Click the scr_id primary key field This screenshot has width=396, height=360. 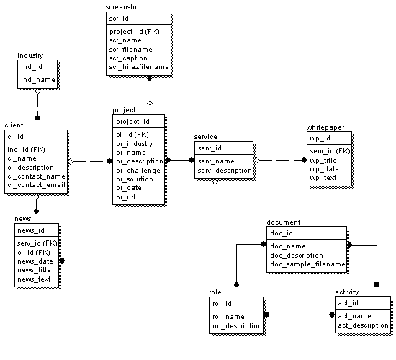(x=119, y=18)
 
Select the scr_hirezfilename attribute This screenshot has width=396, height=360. (x=139, y=67)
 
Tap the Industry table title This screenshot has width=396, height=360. (x=30, y=55)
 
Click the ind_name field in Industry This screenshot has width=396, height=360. (x=37, y=79)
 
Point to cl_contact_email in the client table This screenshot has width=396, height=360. (x=36, y=184)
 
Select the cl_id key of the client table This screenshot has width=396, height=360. (x=16, y=136)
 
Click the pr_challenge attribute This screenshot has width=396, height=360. (x=138, y=170)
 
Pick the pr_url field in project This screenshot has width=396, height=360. (x=125, y=197)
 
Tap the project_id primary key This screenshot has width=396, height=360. (x=133, y=121)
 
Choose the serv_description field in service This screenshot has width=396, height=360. (x=225, y=171)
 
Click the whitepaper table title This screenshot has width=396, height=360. (x=325, y=127)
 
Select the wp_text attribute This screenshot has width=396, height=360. (x=323, y=177)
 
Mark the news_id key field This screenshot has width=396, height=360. (x=31, y=230)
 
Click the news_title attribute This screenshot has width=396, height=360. (x=35, y=269)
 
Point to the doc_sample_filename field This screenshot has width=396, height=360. (x=307, y=264)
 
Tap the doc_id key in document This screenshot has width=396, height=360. (x=281, y=233)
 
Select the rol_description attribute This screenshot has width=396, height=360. (x=236, y=326)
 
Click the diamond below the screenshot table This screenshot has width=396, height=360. (x=150, y=92)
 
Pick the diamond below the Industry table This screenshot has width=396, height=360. (x=37, y=91)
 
